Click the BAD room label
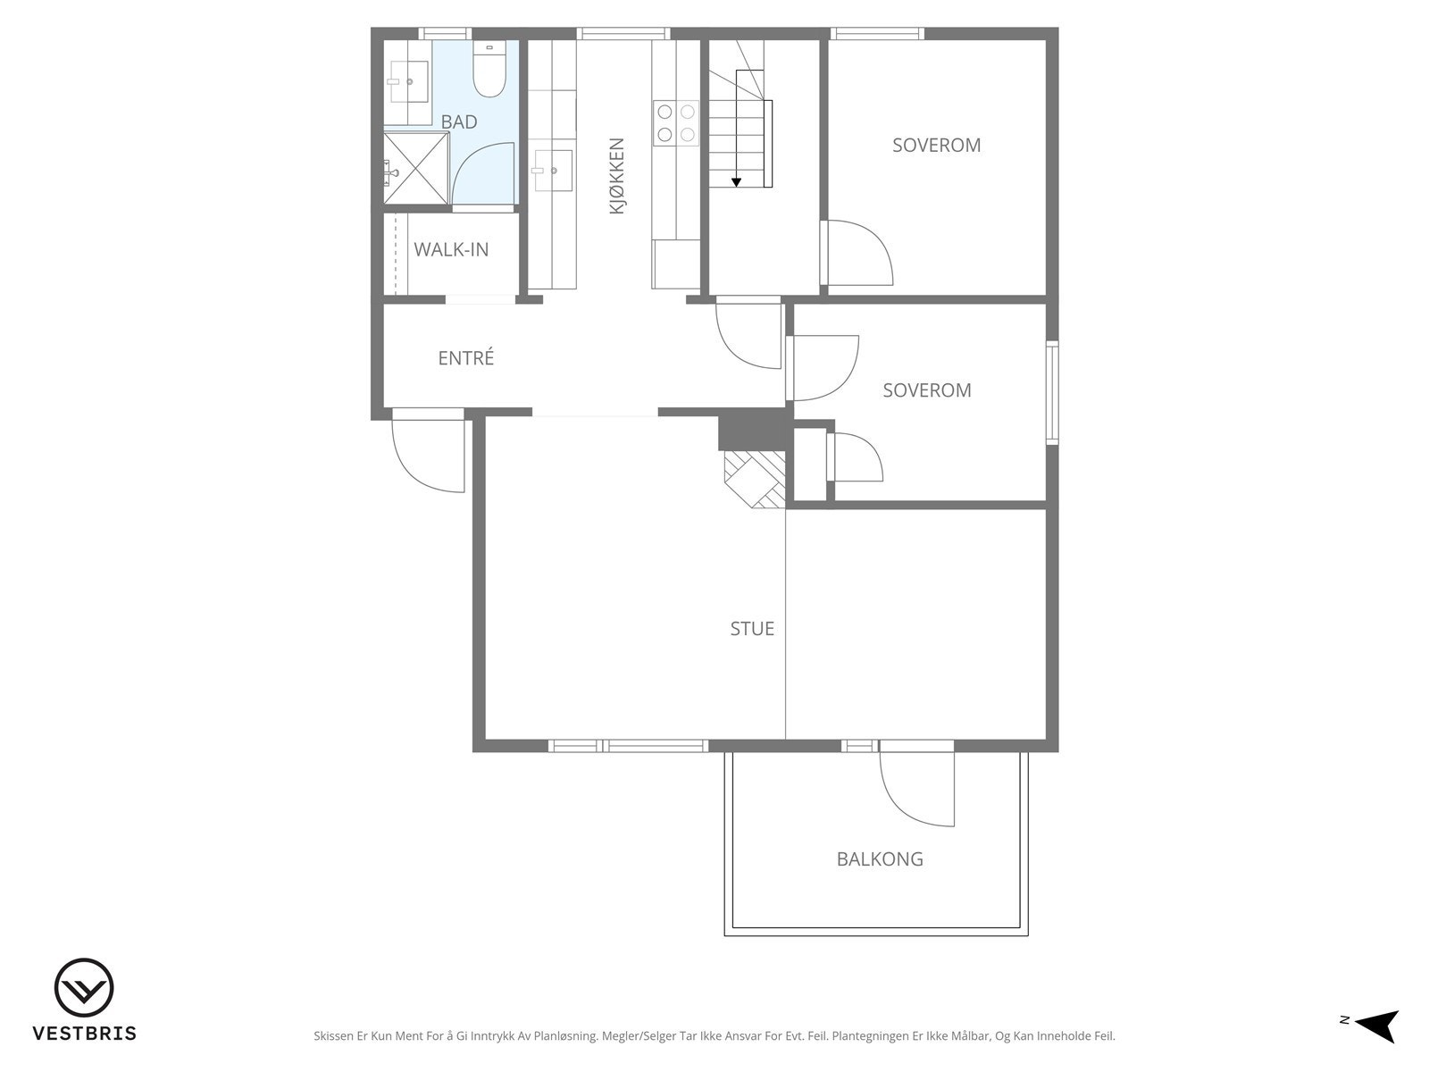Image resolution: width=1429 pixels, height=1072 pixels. (x=459, y=121)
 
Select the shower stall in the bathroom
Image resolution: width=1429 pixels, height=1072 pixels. (x=416, y=168)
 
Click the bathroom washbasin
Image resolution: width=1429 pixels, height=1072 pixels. (x=409, y=81)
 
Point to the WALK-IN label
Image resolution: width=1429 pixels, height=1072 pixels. (x=451, y=249)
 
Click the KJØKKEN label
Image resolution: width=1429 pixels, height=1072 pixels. (x=616, y=176)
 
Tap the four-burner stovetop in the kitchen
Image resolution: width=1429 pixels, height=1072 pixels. (x=676, y=123)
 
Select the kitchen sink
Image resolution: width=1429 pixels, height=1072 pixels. (x=554, y=171)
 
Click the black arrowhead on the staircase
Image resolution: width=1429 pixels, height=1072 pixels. (x=736, y=182)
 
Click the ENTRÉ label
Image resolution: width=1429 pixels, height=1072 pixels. (x=466, y=357)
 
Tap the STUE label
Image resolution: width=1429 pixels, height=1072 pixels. (x=752, y=628)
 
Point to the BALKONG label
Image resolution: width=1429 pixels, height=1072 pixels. (x=880, y=859)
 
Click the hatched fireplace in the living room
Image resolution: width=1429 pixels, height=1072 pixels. (x=756, y=479)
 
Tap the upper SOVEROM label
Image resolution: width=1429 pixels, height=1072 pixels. (x=936, y=145)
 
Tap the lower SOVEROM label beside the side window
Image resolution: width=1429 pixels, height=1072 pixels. (x=927, y=389)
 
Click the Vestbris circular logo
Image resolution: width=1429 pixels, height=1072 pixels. (x=84, y=988)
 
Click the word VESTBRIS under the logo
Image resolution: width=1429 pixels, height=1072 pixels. (x=85, y=1033)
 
